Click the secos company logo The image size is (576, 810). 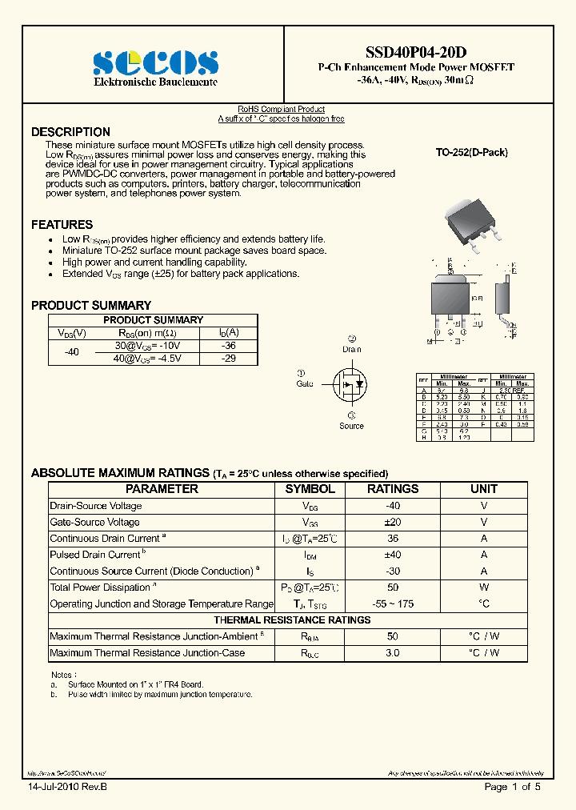(x=155, y=63)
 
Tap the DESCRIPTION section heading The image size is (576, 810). (x=70, y=132)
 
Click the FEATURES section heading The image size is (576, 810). (x=62, y=225)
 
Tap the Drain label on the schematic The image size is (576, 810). (x=351, y=349)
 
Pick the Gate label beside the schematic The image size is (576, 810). (x=305, y=384)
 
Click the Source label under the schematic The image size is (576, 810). (x=351, y=426)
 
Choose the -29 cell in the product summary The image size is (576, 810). (x=228, y=359)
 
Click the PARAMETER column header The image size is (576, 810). (x=162, y=489)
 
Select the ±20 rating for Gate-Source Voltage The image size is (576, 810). (x=392, y=522)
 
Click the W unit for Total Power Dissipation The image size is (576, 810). (x=483, y=587)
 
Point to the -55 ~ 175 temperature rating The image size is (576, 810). (x=392, y=603)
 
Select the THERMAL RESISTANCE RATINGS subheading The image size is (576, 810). (x=292, y=620)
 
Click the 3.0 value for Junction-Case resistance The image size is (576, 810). (x=392, y=653)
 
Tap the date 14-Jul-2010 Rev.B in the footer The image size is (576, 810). (x=66, y=788)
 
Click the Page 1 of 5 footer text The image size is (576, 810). (x=512, y=788)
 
